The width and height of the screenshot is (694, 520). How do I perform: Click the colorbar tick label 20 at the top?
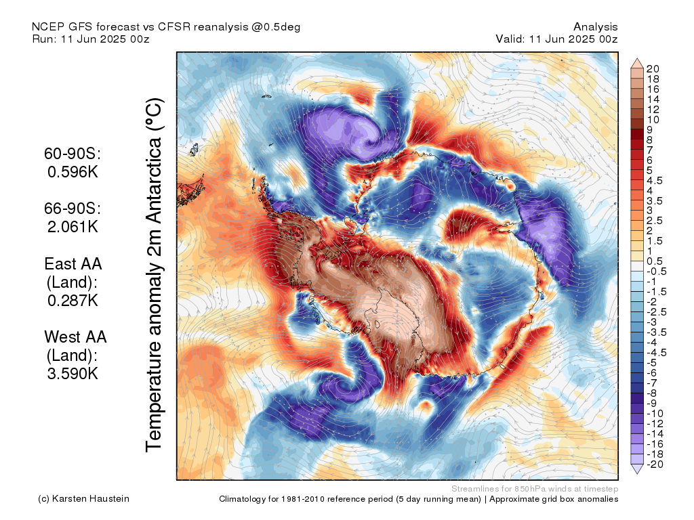tap(653, 68)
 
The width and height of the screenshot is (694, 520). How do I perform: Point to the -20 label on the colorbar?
tap(655, 464)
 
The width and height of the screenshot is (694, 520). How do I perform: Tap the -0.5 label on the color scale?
tap(657, 272)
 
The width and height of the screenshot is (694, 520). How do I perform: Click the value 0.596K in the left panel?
tap(73, 172)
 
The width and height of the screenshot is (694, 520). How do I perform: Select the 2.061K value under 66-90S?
tap(73, 227)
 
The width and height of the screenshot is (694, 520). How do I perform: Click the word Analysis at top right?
tap(595, 27)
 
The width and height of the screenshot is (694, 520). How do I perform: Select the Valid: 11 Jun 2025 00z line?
tap(556, 39)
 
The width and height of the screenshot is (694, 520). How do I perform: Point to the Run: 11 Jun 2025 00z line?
tap(91, 39)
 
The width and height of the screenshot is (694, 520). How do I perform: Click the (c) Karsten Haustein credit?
tap(83, 499)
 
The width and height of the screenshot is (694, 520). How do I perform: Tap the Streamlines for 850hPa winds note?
tap(534, 488)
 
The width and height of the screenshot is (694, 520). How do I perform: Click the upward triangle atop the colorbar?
tap(637, 63)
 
